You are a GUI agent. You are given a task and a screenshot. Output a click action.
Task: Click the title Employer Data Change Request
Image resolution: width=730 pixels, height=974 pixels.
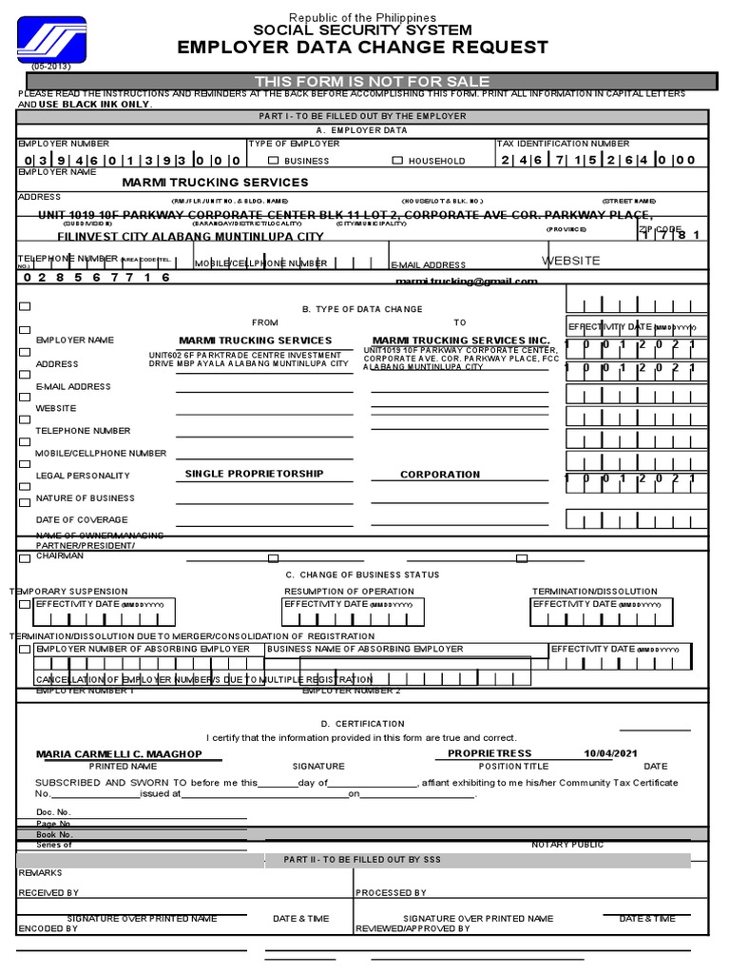pyautogui.click(x=363, y=48)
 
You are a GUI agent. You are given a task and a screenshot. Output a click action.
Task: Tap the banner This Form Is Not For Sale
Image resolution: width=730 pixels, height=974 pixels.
pyautogui.click(x=372, y=82)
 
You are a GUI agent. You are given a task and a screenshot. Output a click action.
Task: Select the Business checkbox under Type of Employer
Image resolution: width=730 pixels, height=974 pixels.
pyautogui.click(x=274, y=161)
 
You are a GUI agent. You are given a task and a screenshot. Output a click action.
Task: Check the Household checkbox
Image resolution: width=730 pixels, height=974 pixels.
pyautogui.click(x=397, y=161)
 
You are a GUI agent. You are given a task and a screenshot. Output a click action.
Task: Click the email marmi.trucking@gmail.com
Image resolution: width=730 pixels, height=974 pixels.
pyautogui.click(x=466, y=282)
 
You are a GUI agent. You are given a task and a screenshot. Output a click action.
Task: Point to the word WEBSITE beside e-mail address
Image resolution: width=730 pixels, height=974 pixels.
pyautogui.click(x=571, y=261)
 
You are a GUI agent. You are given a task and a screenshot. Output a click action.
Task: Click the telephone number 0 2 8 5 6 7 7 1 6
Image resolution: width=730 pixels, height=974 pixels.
pyautogui.click(x=94, y=278)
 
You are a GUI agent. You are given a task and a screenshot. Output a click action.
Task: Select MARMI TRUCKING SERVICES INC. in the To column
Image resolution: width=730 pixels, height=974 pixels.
pyautogui.click(x=460, y=341)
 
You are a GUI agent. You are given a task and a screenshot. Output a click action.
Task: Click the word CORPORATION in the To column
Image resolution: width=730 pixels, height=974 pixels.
pyautogui.click(x=440, y=475)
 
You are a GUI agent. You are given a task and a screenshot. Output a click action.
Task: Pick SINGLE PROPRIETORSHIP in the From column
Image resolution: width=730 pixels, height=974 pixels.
pyautogui.click(x=254, y=474)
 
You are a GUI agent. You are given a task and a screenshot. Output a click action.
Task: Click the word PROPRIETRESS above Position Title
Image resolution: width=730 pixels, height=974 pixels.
pyautogui.click(x=490, y=754)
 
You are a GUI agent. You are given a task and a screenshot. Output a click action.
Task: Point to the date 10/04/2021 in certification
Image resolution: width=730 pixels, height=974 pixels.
pyautogui.click(x=612, y=754)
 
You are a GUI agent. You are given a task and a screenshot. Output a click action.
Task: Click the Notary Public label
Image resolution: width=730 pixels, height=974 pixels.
pyautogui.click(x=567, y=845)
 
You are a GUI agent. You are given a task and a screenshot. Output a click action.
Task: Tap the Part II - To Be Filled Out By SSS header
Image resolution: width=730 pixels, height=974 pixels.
pyautogui.click(x=362, y=860)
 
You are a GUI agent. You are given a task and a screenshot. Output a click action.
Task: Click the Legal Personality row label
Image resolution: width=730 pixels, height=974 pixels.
pyautogui.click(x=83, y=476)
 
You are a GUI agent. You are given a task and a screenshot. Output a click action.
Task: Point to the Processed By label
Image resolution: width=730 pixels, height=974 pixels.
pyautogui.click(x=391, y=893)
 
